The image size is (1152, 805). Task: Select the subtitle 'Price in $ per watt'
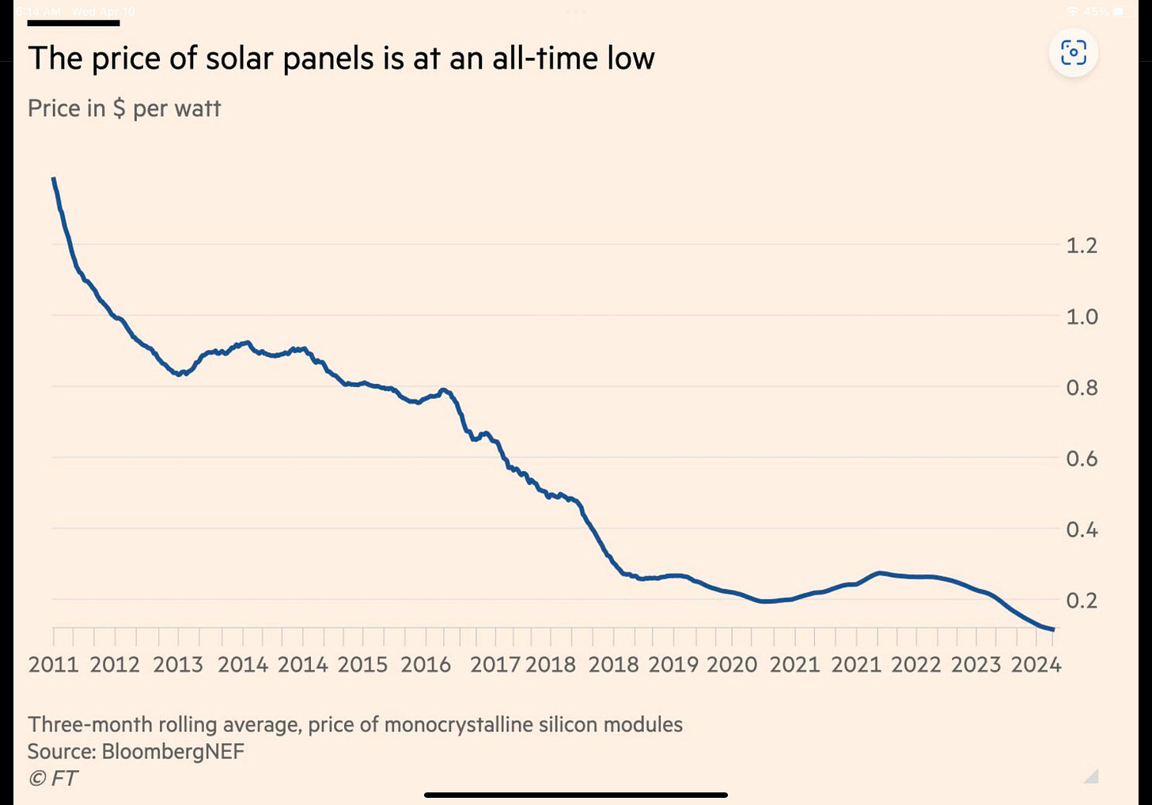point(124,108)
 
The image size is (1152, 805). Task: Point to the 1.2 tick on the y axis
point(1082,245)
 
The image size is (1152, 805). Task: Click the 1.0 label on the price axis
point(1082,317)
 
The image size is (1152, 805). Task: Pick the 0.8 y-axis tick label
point(1082,388)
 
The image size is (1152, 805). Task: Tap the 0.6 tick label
point(1082,458)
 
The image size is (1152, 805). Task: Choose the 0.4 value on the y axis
point(1082,529)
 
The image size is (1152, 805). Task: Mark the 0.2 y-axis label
point(1082,600)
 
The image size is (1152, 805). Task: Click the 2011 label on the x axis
point(54,664)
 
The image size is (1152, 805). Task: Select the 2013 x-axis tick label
point(178,664)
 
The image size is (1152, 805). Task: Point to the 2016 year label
point(426,664)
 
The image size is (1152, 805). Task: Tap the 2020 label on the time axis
point(732,664)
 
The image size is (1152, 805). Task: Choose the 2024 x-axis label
point(1036,664)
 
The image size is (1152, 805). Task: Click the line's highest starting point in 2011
point(54,179)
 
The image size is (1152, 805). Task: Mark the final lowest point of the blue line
point(1053,629)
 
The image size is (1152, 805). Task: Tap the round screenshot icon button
point(1073,53)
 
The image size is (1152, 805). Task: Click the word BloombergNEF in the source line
point(173,751)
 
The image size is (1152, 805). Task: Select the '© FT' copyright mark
point(53,779)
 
